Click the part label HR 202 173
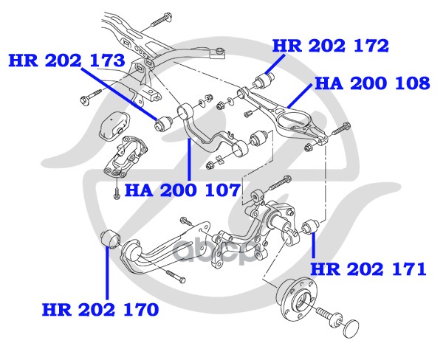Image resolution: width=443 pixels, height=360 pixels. click(66, 60)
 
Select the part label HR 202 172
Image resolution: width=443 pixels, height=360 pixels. click(331, 46)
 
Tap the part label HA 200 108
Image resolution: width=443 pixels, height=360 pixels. click(372, 83)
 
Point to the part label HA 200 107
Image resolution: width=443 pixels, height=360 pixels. click(182, 190)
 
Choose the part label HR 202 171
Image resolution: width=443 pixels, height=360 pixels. click(368, 269)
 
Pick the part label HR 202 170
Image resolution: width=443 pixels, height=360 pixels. click(100, 309)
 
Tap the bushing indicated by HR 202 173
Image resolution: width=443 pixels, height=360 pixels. click(164, 123)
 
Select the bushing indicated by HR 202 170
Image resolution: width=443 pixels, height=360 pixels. click(111, 240)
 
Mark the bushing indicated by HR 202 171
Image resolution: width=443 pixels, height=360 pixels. click(310, 226)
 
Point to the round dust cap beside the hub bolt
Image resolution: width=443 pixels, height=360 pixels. click(351, 328)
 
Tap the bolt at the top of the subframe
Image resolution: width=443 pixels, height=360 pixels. click(161, 18)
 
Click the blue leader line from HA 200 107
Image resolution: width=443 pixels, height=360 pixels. click(189, 159)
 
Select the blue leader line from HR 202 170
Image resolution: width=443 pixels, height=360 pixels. click(107, 272)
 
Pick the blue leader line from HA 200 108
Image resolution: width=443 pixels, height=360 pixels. click(300, 95)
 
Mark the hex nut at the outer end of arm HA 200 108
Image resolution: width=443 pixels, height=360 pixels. click(309, 148)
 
